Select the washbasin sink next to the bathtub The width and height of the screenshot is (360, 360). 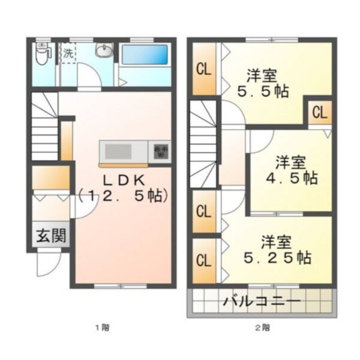coord(104,52)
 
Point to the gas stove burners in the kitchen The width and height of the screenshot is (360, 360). coord(161,151)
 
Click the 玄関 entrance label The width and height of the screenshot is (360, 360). coord(51,236)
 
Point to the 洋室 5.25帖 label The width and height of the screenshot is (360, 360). coord(276,250)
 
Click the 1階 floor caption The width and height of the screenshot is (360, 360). coord(102,328)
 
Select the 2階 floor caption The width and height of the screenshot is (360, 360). coord(262,328)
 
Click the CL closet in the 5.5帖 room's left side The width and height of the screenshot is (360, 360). coord(203,69)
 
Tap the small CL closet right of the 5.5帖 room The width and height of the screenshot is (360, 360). coord(319,112)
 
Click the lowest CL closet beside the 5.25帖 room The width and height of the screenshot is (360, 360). coord(203,261)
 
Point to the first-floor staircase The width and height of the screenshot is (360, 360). coord(45,129)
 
